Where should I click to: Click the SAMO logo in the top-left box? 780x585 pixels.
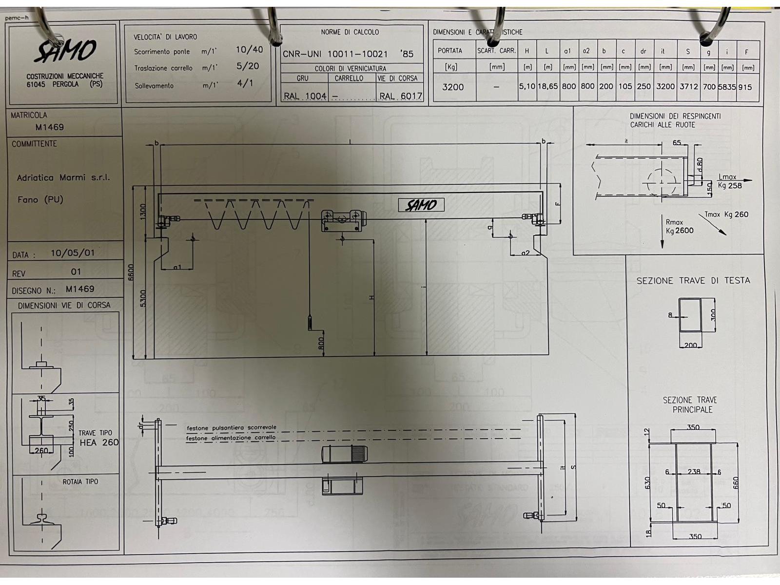65,51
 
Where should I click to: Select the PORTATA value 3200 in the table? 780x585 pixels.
453,87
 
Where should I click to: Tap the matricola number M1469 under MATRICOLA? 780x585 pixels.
50,127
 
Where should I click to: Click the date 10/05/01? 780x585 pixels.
73,253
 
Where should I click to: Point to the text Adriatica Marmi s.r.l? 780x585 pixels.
63,178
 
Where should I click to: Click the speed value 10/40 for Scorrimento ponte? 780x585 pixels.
249,50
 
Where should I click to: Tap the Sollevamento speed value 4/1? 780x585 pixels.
245,83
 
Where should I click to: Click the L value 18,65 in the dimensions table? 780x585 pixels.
547,87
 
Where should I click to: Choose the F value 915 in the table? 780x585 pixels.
745,87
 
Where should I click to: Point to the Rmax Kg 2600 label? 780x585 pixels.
680,227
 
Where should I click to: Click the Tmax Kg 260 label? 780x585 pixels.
726,214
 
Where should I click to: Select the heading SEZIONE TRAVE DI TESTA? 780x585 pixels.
693,281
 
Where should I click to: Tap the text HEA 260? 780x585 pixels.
99,443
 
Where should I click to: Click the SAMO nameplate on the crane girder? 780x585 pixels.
421,205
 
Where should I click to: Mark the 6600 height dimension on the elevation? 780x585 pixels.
131,273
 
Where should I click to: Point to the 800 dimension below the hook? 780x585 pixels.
321,344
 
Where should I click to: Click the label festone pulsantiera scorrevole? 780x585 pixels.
232,428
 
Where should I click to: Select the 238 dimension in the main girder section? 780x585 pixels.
694,472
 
